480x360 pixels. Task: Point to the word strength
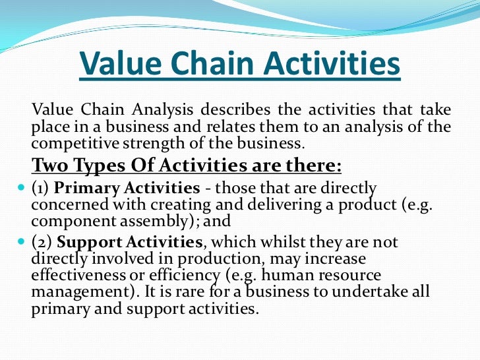pos(144,142)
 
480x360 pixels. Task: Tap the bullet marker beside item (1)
pos(19,188)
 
